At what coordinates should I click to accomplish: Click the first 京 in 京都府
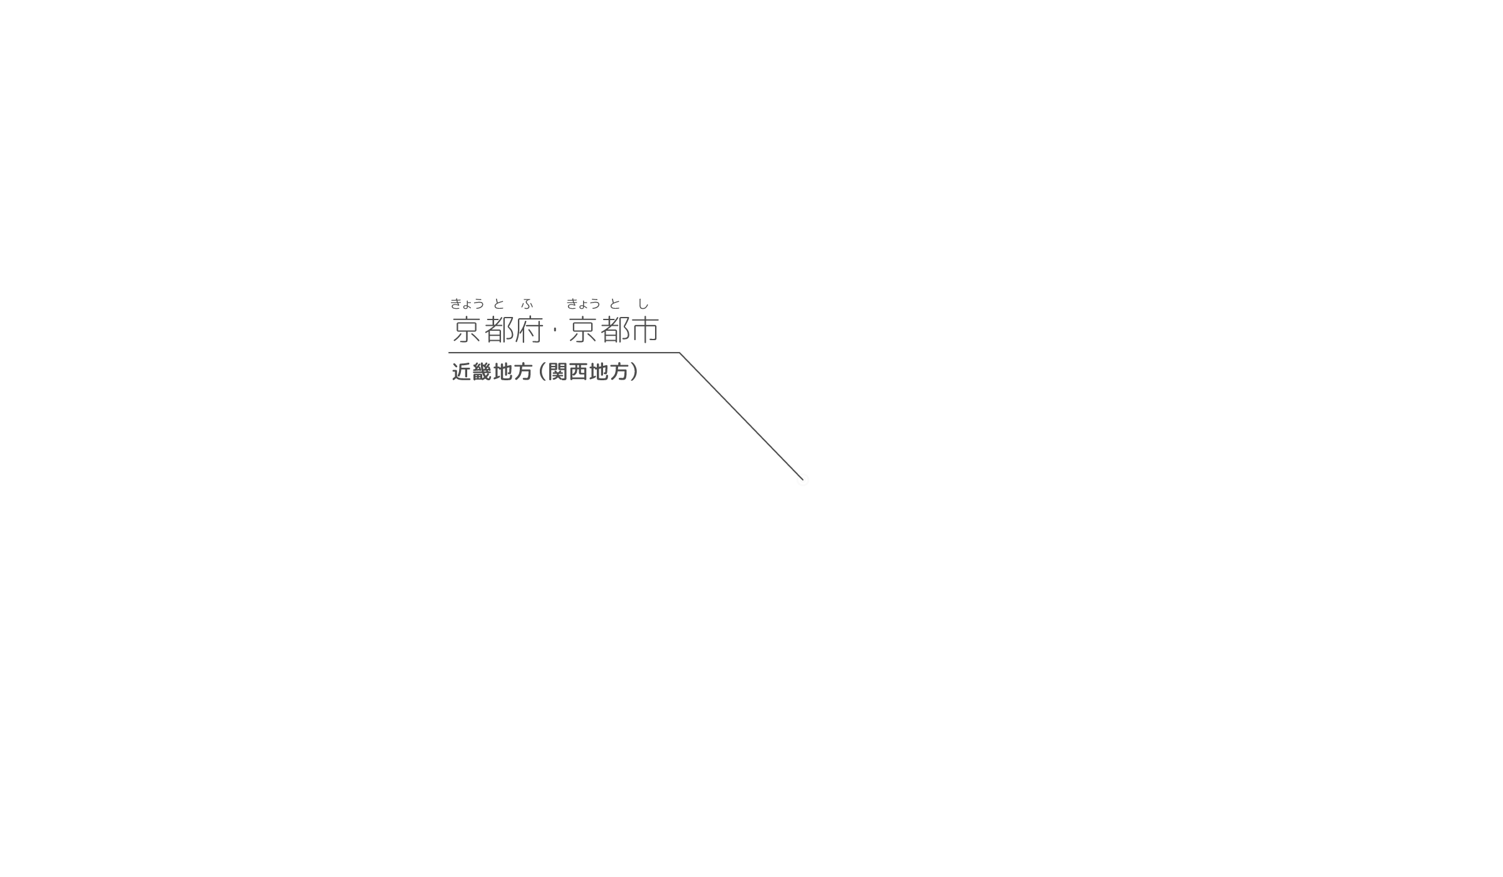[x=467, y=330]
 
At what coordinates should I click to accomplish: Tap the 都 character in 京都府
[x=499, y=330]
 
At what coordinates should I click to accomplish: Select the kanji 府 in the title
[x=529, y=330]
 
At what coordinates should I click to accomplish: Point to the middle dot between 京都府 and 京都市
[x=555, y=330]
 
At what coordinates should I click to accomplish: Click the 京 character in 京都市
[x=582, y=330]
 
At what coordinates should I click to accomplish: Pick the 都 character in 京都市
[x=615, y=330]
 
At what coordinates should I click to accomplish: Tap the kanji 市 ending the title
[x=645, y=330]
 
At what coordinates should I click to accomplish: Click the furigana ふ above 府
[x=527, y=304]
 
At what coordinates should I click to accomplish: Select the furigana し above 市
[x=643, y=304]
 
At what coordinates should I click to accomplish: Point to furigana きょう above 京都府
[x=467, y=304]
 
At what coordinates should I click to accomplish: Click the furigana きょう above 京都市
[x=584, y=304]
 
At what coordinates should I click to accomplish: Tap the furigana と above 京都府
[x=498, y=304]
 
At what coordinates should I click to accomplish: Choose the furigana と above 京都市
[x=615, y=304]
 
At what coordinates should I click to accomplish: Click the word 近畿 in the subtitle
[x=472, y=372]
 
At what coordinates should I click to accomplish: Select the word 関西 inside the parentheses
[x=568, y=372]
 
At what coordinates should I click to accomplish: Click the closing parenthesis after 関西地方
[x=634, y=372]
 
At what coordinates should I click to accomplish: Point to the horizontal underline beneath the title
[x=564, y=353]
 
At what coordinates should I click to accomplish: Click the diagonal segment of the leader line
[x=741, y=417]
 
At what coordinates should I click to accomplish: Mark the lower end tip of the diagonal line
[x=803, y=480]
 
